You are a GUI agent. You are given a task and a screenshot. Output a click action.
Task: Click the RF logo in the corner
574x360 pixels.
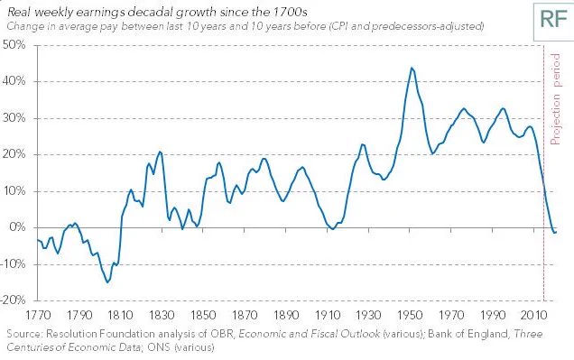(x=553, y=20)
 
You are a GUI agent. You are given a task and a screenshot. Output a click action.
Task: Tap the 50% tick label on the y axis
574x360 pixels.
(x=14, y=45)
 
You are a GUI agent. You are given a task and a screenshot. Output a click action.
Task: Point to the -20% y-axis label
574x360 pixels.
(x=14, y=300)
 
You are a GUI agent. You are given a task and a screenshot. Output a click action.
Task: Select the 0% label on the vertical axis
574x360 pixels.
(x=17, y=227)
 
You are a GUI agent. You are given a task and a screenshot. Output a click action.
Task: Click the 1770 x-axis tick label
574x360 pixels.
(x=38, y=316)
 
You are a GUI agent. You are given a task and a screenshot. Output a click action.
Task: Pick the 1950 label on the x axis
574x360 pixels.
(x=410, y=316)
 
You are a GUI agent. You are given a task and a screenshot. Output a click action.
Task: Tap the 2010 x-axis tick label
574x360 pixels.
(x=533, y=316)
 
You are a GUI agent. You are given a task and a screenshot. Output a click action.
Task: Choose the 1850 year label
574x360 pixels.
(x=203, y=316)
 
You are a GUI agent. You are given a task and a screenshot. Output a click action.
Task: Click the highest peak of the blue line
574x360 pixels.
(x=412, y=68)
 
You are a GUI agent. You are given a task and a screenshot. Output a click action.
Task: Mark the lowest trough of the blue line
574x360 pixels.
(x=107, y=282)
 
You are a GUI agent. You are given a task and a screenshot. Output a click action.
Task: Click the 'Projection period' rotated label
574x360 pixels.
(x=555, y=98)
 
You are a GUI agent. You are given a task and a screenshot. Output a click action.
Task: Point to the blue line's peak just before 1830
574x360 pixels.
(x=160, y=152)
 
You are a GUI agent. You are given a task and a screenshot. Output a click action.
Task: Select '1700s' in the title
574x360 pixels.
(x=290, y=12)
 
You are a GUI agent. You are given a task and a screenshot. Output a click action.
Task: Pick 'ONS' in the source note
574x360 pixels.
(x=159, y=346)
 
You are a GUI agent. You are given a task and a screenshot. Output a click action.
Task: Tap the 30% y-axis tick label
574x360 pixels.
(x=14, y=118)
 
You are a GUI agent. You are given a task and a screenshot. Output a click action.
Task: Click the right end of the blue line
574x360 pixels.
(x=557, y=232)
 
